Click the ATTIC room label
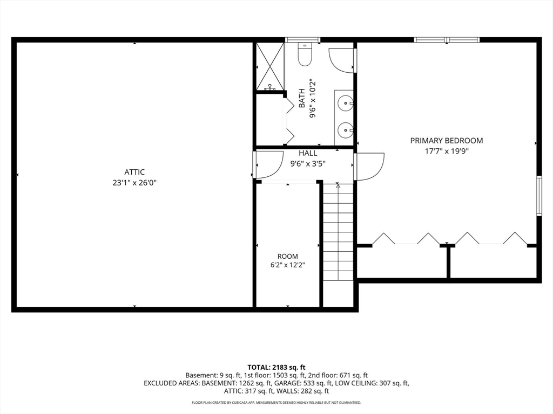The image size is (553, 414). pyautogui.click(x=134, y=172)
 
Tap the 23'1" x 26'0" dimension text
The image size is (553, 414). pyautogui.click(x=134, y=183)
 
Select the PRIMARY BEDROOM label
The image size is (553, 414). pyautogui.click(x=447, y=141)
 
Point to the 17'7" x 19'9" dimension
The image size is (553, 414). pyautogui.click(x=447, y=151)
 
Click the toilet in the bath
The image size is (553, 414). pyautogui.click(x=305, y=54)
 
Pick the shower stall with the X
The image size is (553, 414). pyautogui.click(x=270, y=66)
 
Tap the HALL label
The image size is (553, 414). pyautogui.click(x=308, y=153)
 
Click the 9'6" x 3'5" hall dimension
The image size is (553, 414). pyautogui.click(x=308, y=164)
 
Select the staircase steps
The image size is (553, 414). pyautogui.click(x=338, y=232)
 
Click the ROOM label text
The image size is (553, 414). pyautogui.click(x=288, y=256)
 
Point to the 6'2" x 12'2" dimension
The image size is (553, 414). pyautogui.click(x=288, y=265)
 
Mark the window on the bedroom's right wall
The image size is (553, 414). pyautogui.click(x=539, y=195)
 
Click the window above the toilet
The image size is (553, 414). pyautogui.click(x=302, y=40)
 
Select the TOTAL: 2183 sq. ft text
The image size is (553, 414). pyautogui.click(x=276, y=368)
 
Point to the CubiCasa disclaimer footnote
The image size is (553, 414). pyautogui.click(x=276, y=402)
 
